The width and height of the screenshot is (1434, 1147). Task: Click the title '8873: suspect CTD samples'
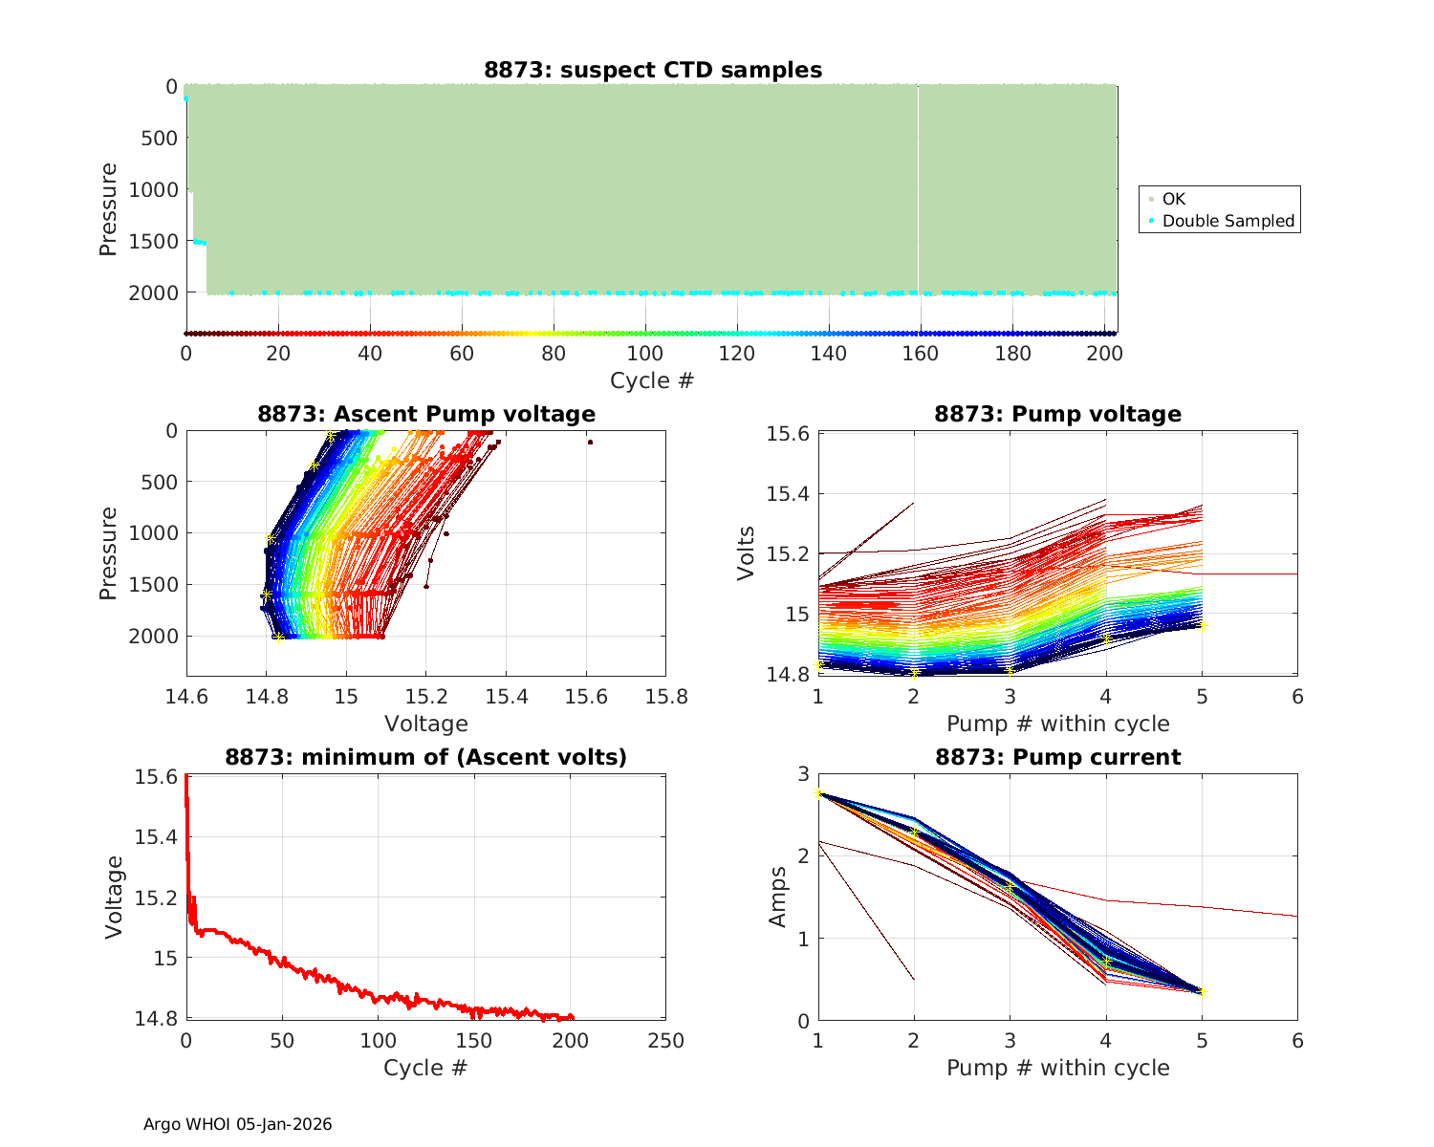652,70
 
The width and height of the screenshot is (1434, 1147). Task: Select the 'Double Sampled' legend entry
1228,221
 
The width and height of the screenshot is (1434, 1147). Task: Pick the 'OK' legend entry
1173,199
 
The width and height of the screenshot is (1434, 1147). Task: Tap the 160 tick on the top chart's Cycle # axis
920,354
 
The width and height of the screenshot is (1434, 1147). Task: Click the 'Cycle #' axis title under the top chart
652,380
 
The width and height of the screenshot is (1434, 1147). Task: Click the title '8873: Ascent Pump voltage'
425,414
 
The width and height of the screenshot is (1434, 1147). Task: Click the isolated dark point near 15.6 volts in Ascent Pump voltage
590,443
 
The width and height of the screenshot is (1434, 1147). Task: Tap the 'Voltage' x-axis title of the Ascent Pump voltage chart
425,724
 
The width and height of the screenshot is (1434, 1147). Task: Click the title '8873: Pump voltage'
1057,414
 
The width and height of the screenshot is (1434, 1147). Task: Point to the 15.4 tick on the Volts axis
787,494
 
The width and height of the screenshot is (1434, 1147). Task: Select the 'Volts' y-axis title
747,552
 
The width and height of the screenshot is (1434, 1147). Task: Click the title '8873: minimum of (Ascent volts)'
425,758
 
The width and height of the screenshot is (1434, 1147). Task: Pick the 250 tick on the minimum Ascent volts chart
665,1040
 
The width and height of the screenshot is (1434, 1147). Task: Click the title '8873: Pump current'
1057,758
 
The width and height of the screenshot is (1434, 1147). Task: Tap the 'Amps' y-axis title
779,897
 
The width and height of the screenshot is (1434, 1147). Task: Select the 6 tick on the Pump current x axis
1297,1040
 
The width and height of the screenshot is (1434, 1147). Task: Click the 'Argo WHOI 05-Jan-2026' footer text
237,1124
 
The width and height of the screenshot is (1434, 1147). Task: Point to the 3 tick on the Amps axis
801,773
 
